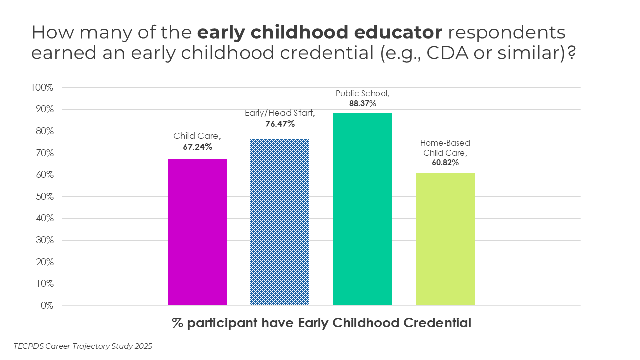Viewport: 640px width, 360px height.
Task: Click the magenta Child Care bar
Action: click(x=197, y=232)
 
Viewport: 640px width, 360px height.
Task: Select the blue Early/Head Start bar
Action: click(x=280, y=222)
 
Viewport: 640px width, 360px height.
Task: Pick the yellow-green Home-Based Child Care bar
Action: click(x=445, y=239)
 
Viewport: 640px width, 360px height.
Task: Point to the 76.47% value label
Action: click(x=280, y=124)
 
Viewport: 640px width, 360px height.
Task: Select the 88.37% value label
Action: click(x=362, y=104)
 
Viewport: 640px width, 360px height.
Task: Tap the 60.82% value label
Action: click(x=445, y=162)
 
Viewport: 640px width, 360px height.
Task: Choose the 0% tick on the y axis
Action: click(x=47, y=306)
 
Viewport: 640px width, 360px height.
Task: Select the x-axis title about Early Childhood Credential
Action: click(x=322, y=323)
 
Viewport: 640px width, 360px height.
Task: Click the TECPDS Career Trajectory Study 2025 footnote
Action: click(x=83, y=346)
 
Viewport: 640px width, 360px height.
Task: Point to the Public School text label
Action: click(x=362, y=93)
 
